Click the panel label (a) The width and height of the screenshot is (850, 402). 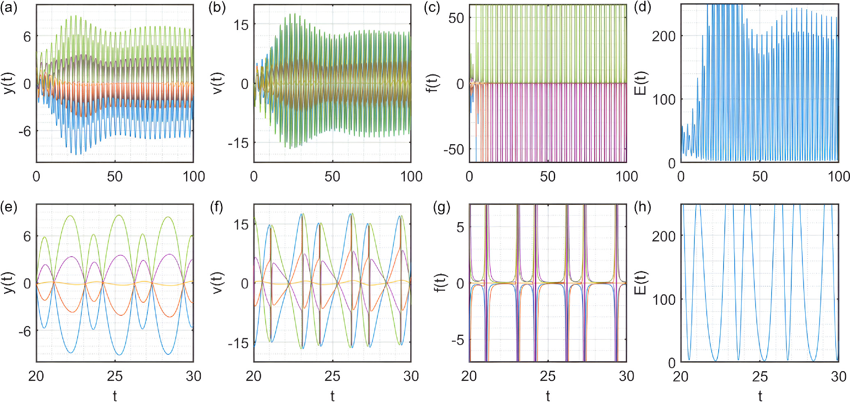pyautogui.click(x=9, y=8)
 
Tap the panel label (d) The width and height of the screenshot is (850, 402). pyautogui.click(x=643, y=8)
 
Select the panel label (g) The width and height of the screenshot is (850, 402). pyautogui.click(x=442, y=208)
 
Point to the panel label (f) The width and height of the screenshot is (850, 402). pyautogui.click(x=216, y=208)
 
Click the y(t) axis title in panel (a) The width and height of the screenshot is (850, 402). pyautogui.click(x=9, y=83)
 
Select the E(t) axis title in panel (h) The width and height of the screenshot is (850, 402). pyautogui.click(x=640, y=283)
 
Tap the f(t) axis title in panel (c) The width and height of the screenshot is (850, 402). pyautogui.click(x=432, y=83)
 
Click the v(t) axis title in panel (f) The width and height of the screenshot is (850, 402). pyautogui.click(x=217, y=283)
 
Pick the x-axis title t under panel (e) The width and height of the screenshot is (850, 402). pyautogui.click(x=115, y=395)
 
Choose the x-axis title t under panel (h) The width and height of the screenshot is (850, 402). pyautogui.click(x=760, y=395)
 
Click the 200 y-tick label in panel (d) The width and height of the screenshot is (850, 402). pyautogui.click(x=664, y=36)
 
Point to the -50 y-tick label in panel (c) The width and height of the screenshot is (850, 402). pyautogui.click(x=453, y=149)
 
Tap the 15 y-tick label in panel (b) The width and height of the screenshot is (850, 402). pyautogui.click(x=241, y=25)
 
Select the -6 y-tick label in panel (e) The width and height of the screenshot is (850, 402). pyautogui.click(x=24, y=331)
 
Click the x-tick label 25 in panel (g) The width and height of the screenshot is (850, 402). pyautogui.click(x=548, y=376)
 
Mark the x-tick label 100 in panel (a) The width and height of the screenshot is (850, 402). pyautogui.click(x=194, y=177)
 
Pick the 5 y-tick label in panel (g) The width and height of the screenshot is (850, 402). pyautogui.click(x=460, y=227)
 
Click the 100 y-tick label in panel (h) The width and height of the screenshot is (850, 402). pyautogui.click(x=664, y=299)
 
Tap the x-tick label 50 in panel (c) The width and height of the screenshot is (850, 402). pyautogui.click(x=548, y=177)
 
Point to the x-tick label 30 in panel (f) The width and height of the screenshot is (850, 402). pyautogui.click(x=411, y=376)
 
